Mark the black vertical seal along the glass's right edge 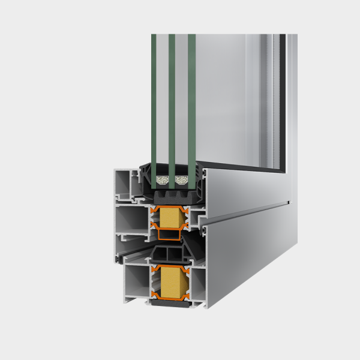tap(282, 102)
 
